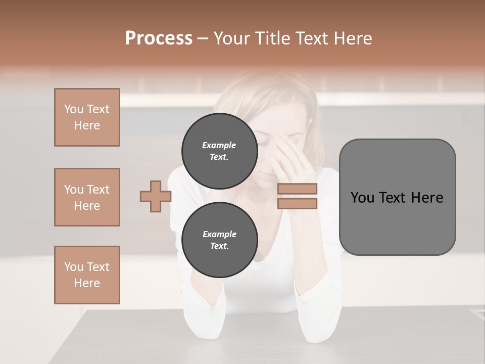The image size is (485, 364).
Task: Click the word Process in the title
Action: (159, 38)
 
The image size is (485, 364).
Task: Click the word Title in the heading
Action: (272, 38)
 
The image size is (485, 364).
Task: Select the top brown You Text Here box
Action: (87, 117)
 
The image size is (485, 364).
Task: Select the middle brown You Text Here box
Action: (87, 197)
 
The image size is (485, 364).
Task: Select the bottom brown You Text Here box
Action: (87, 275)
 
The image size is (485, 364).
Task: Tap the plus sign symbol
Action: (156, 196)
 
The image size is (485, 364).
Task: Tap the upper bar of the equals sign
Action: (297, 189)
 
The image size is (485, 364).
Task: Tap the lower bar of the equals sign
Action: (297, 204)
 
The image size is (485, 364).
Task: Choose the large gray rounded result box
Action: (397, 227)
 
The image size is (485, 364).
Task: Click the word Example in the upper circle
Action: (219, 145)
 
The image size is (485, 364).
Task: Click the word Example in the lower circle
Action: (219, 234)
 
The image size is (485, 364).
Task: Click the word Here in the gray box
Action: (427, 198)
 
